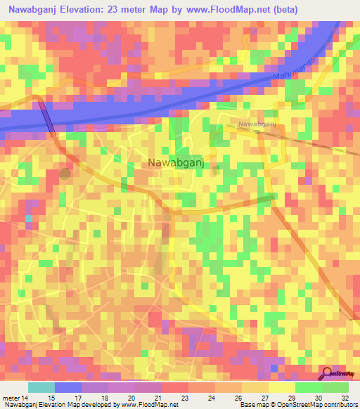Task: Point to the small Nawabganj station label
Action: (256, 124)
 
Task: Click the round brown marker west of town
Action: (65, 174)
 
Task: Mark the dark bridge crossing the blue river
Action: (46, 116)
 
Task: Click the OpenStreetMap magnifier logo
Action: (326, 375)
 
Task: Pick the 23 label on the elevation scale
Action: (184, 397)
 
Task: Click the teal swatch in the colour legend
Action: (41, 387)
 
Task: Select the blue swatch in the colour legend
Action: (68, 387)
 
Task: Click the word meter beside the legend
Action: (11, 397)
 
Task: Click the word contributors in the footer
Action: (339, 405)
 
